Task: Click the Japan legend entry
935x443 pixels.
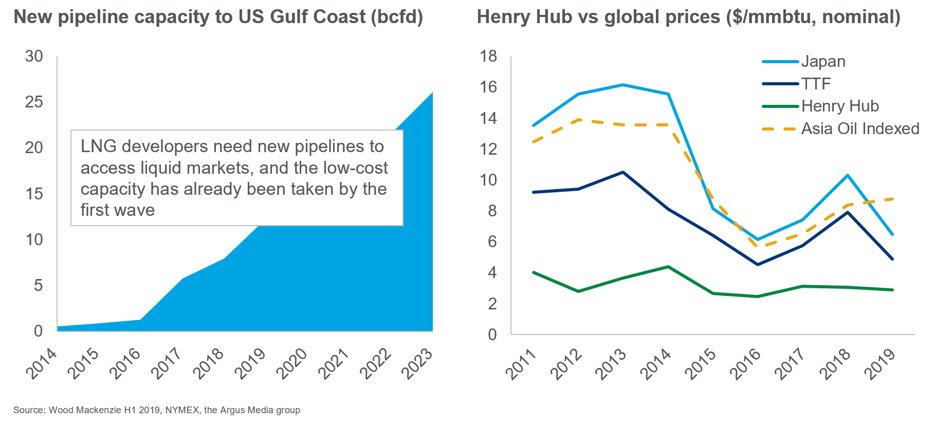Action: pos(823,62)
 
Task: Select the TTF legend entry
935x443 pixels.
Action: pos(816,84)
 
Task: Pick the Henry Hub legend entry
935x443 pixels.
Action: pos(840,106)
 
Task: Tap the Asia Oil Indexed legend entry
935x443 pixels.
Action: pos(860,128)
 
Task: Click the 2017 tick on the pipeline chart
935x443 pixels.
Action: pos(168,363)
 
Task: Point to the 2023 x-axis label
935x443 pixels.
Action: pos(418,363)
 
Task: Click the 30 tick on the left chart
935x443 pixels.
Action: pos(34,56)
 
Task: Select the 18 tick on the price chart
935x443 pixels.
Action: pos(488,56)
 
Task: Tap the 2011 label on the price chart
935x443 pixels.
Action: pos(521,364)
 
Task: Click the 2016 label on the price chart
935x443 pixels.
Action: pos(745,364)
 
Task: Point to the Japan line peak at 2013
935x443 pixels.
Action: pos(623,85)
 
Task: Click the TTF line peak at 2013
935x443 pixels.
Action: pos(623,172)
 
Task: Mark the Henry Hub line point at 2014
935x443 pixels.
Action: pos(668,267)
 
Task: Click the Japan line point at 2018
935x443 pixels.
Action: pos(848,176)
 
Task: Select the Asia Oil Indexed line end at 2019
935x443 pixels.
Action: pos(892,199)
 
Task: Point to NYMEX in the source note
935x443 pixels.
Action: pos(182,410)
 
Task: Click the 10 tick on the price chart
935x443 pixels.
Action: pos(488,180)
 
